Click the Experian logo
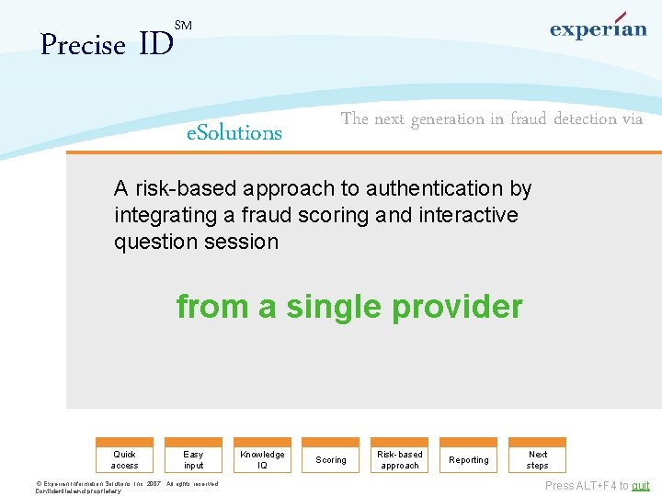[x=598, y=28]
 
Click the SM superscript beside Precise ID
[x=183, y=26]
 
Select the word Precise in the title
[x=83, y=45]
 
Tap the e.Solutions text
[x=234, y=133]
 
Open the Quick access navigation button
[x=124, y=459]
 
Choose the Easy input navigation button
[x=193, y=459]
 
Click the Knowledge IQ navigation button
[x=262, y=459]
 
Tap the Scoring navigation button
[x=331, y=459]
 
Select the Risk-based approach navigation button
[x=400, y=459]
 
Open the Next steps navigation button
[x=538, y=459]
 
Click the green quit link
[x=640, y=486]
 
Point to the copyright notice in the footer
[x=126, y=487]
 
